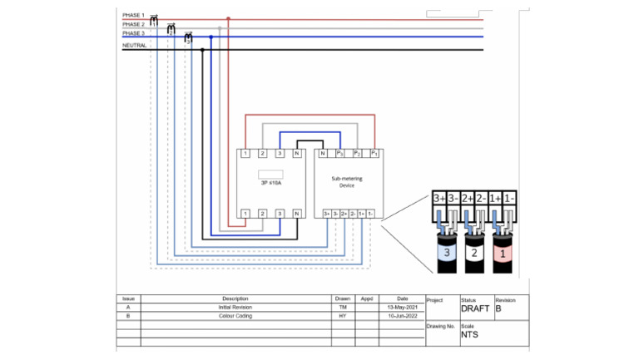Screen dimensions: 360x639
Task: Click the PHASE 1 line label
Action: coord(133,15)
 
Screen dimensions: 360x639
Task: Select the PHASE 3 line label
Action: coord(133,33)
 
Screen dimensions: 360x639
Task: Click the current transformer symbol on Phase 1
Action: coord(154,19)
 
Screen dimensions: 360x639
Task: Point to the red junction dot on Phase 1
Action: coord(229,17)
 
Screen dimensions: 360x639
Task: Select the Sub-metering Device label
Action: coord(349,182)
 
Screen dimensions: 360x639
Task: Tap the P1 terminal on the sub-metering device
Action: coord(375,154)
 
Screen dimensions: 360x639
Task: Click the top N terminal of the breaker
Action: coord(296,154)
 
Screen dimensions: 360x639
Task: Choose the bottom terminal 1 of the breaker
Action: coord(245,215)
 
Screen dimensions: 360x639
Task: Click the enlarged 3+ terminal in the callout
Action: coord(440,199)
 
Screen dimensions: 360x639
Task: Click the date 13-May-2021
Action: coord(403,307)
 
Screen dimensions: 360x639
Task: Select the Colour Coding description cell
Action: coord(235,316)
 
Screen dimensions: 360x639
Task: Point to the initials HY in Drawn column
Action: coord(343,316)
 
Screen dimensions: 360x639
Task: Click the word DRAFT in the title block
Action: coord(475,308)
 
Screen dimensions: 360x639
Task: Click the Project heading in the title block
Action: coord(435,299)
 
